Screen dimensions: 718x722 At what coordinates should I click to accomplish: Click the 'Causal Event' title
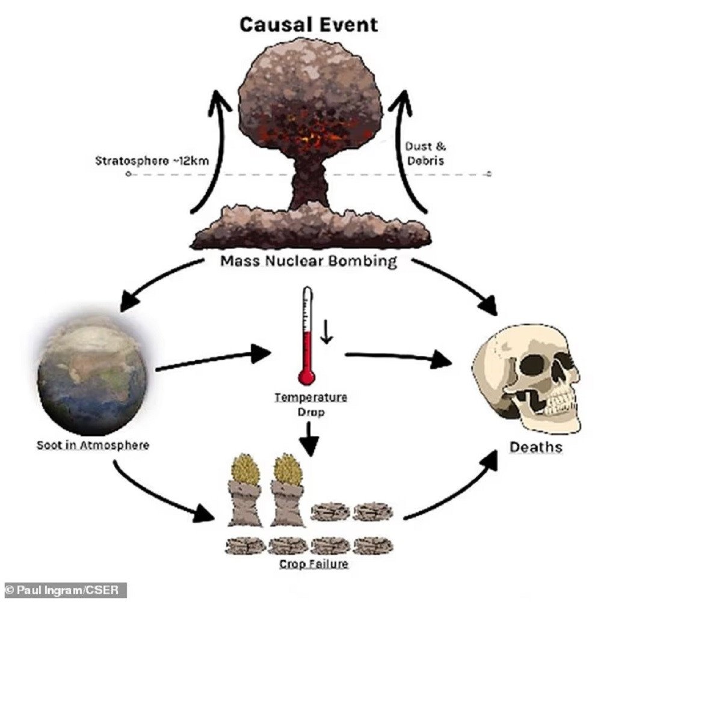coord(309,25)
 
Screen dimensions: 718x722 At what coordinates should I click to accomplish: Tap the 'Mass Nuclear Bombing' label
coord(309,261)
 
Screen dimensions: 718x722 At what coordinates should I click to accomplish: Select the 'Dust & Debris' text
coord(425,153)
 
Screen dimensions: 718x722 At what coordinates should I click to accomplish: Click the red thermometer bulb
coord(306,377)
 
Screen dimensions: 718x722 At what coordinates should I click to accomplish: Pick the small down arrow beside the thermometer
coord(327,332)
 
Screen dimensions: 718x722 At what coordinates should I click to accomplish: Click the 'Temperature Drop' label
coord(310,404)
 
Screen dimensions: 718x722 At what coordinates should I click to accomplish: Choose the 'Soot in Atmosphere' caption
coord(93,445)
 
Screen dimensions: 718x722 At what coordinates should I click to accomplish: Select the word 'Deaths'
coord(535,447)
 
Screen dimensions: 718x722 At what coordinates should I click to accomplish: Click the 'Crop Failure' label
coord(313,564)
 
